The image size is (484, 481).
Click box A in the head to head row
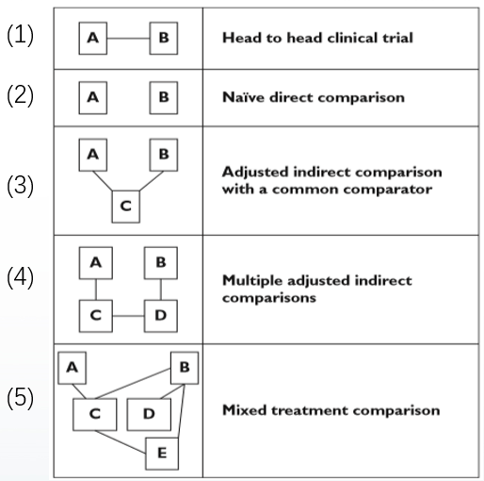(x=93, y=38)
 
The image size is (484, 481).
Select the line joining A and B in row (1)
(x=128, y=39)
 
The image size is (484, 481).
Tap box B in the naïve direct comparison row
(x=164, y=97)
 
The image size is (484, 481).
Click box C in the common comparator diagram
(x=126, y=207)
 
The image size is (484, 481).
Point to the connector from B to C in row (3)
(x=152, y=181)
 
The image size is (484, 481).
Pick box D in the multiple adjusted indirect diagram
(x=161, y=316)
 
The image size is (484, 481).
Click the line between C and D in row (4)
(x=128, y=316)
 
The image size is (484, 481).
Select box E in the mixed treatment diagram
(x=162, y=454)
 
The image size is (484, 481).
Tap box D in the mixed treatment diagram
(x=149, y=414)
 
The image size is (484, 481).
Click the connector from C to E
(x=121, y=441)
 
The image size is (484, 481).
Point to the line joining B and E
(x=182, y=411)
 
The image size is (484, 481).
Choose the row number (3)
(x=20, y=186)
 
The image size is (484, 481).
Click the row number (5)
(x=20, y=398)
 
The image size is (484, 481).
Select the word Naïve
(x=243, y=97)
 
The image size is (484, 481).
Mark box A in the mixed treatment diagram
(x=73, y=368)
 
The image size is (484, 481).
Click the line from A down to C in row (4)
(x=96, y=290)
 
